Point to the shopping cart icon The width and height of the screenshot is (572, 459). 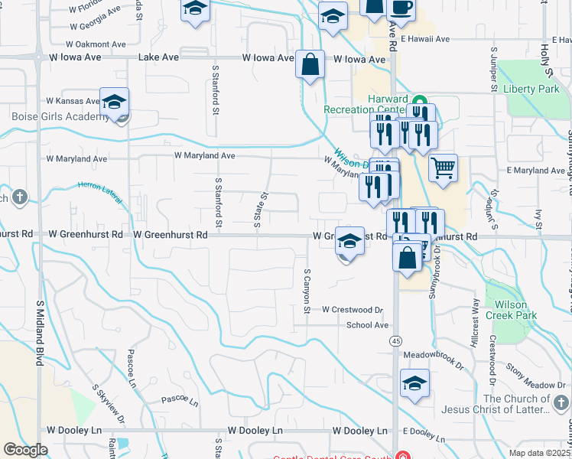click(443, 167)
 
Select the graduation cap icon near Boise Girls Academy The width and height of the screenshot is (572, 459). click(114, 103)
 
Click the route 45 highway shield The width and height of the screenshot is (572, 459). click(395, 340)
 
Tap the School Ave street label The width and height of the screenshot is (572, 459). click(367, 325)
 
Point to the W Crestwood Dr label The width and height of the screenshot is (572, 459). click(352, 310)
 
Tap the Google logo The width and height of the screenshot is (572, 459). click(25, 449)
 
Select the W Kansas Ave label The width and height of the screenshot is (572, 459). click(73, 101)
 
